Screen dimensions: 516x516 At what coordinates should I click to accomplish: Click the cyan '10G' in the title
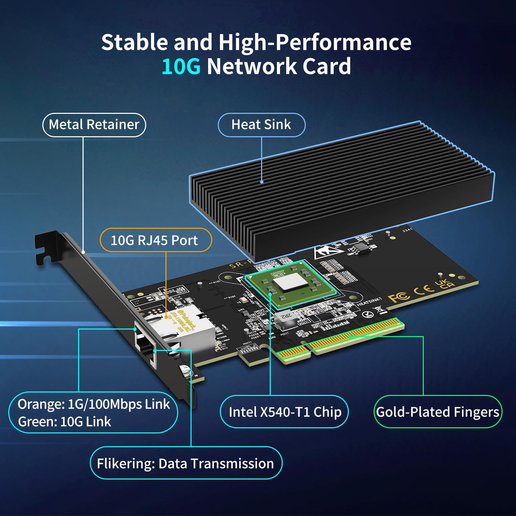point(181,66)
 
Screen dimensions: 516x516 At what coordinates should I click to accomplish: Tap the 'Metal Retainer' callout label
point(94,125)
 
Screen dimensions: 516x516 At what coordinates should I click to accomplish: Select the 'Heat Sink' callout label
point(261,125)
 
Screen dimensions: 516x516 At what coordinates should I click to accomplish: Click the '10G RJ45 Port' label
point(154,240)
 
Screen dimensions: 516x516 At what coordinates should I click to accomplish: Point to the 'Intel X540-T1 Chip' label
point(284,412)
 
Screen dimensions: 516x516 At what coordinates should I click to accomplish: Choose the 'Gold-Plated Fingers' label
point(438,412)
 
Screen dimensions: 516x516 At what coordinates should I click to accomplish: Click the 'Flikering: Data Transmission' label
point(185,463)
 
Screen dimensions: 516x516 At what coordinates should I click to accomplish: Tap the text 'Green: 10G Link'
point(65,422)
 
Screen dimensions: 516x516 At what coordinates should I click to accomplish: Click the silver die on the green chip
point(290,283)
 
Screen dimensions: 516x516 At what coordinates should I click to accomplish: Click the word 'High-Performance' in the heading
point(315,43)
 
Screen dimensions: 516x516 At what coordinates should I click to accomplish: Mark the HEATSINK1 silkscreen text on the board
point(369,302)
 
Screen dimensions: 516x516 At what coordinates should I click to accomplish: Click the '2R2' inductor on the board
point(286,316)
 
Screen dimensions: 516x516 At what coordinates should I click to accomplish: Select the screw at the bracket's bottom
point(185,371)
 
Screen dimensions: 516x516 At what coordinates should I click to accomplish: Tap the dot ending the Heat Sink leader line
point(262,182)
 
